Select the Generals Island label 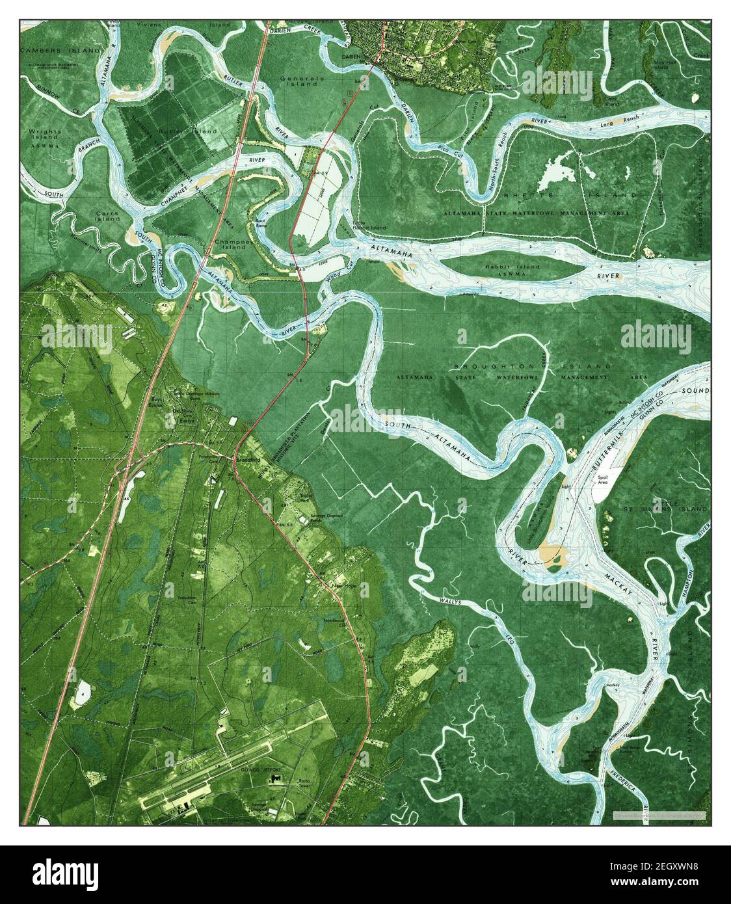coord(300,81)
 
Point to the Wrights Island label coord(45,135)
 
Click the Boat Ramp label coord(259,224)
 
